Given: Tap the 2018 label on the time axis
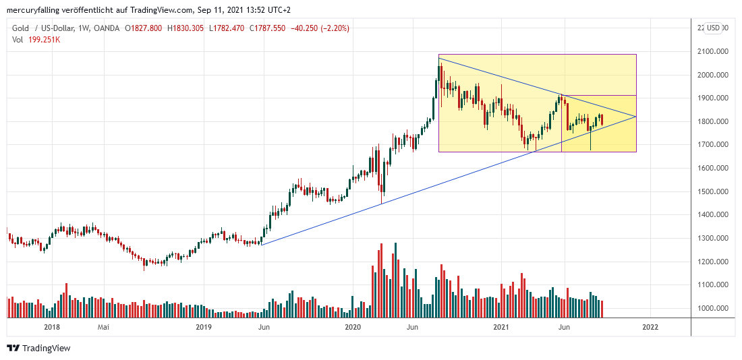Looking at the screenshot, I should [51, 328].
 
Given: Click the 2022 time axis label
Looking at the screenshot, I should [650, 328].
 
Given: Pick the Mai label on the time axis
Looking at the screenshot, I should [103, 328].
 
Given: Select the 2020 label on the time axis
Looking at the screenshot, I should [353, 328].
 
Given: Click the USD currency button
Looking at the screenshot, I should [714, 28].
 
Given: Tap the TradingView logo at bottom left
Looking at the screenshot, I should [38, 349].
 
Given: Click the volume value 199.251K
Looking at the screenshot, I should [44, 39].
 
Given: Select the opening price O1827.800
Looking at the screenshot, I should [143, 28].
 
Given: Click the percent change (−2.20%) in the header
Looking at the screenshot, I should [331, 28].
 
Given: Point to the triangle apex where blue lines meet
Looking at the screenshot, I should [636, 117].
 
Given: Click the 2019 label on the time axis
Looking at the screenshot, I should [204, 328].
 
